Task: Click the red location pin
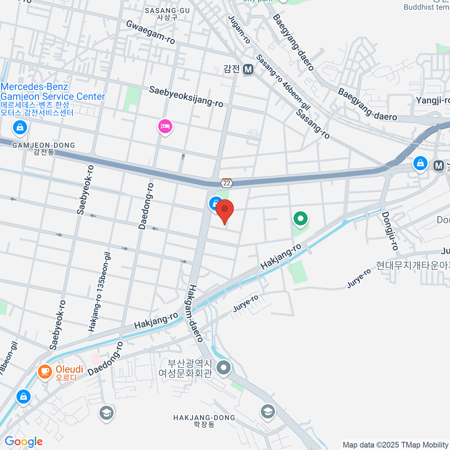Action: [x=225, y=210]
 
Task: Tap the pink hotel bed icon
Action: [x=165, y=126]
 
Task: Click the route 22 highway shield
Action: [x=226, y=183]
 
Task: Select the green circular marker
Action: [x=300, y=218]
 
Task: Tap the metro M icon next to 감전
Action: [x=248, y=69]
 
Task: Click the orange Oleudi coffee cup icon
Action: [x=45, y=372]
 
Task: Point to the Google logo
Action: [x=24, y=442]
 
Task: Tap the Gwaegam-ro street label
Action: [x=151, y=31]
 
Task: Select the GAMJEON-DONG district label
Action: [x=43, y=148]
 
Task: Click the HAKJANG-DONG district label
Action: [x=204, y=421]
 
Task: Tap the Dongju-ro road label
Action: [x=390, y=231]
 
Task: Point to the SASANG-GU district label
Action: [x=167, y=13]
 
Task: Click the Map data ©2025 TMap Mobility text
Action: [x=395, y=445]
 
